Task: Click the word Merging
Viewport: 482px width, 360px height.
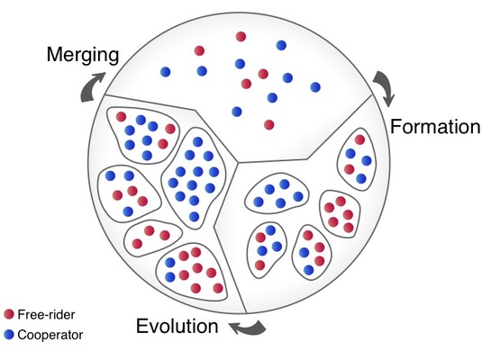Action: pos(83,56)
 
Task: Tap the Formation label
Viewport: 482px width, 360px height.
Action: pos(435,126)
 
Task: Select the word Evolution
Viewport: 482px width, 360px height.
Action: pos(177,326)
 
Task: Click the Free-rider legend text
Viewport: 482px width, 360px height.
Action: pos(46,314)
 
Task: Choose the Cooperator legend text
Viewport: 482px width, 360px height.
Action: pos(50,335)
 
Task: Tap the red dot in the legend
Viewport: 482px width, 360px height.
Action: pos(9,314)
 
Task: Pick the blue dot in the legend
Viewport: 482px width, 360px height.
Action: pos(9,335)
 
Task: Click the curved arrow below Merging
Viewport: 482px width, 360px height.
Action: pos(92,86)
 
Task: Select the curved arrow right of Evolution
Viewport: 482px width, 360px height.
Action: pos(248,328)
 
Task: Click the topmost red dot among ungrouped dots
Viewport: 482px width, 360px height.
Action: pos(241,37)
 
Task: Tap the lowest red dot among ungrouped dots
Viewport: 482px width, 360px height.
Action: pos(269,125)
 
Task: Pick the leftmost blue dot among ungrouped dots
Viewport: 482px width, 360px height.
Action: pos(166,72)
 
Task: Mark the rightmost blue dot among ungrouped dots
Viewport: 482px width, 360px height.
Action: pos(315,87)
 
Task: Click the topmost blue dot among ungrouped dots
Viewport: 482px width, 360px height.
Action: pos(281,45)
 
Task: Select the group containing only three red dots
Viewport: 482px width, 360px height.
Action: pos(153,237)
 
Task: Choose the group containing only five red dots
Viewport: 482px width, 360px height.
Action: pos(340,214)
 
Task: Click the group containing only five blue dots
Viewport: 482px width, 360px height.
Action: pos(277,193)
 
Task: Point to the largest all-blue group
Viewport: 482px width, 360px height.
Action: pos(194,178)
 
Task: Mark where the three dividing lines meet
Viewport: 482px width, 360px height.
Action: pos(238,162)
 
